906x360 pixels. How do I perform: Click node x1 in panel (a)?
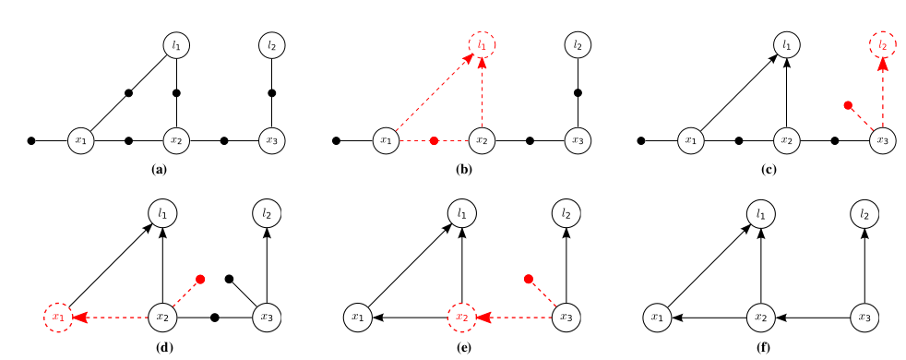tap(81, 140)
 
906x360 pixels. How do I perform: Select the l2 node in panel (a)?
tap(271, 43)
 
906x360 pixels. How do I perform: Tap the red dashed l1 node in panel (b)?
tap(482, 43)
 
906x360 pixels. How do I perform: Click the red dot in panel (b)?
tap(435, 140)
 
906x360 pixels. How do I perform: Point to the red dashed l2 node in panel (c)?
tap(883, 43)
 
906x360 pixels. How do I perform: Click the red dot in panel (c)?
tap(848, 106)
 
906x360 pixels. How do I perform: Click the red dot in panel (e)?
tap(529, 279)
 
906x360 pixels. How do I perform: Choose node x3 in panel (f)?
tap(864, 318)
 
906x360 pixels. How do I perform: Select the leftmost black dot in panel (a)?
tap(32, 140)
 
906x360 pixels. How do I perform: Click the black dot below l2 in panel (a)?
tap(271, 93)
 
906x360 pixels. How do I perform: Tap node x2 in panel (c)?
tap(786, 140)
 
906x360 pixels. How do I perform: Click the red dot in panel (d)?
tap(199, 279)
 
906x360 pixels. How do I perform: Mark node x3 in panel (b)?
tap(578, 140)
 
